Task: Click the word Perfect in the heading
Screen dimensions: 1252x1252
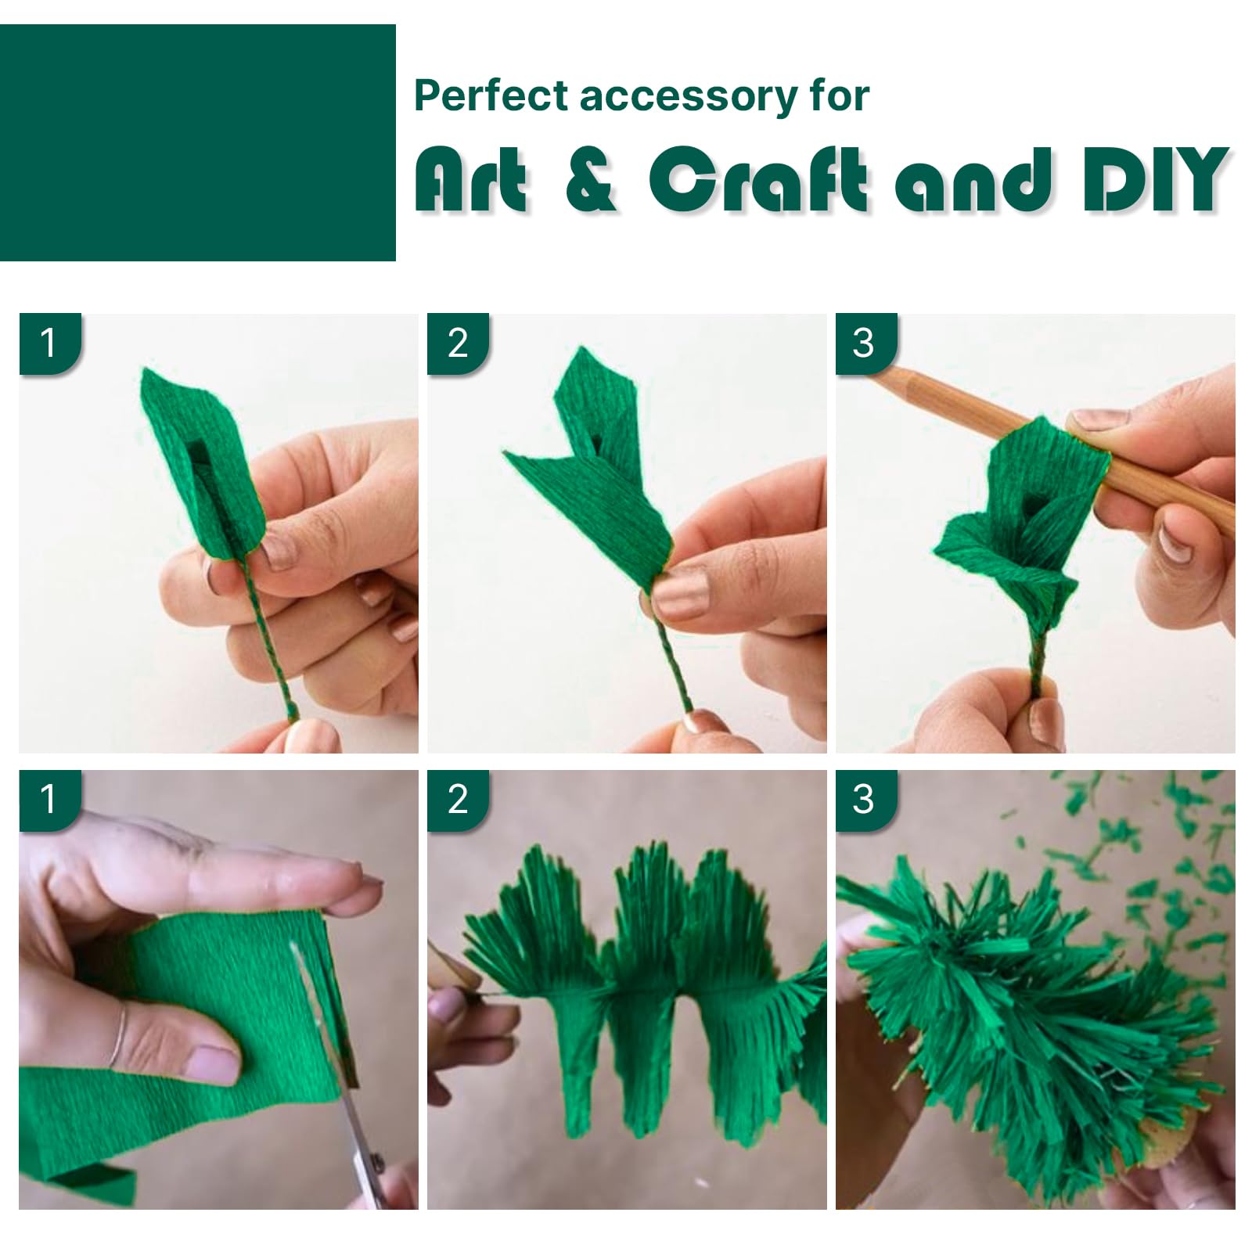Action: (491, 95)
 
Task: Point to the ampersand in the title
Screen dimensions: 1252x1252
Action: (590, 179)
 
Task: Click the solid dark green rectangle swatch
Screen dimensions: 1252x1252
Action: (198, 142)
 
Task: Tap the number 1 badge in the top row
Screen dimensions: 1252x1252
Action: (49, 344)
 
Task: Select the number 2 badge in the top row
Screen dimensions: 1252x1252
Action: (458, 344)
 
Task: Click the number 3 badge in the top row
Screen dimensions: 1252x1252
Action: (866, 344)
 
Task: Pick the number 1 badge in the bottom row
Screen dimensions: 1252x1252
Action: (49, 800)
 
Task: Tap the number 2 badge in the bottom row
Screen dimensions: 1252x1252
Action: (458, 800)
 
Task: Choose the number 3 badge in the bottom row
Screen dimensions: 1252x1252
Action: (866, 800)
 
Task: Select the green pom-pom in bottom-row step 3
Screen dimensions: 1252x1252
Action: (1025, 1009)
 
